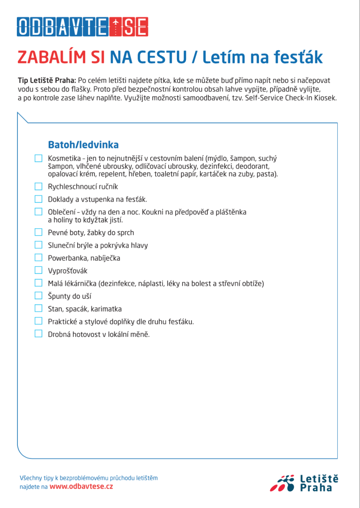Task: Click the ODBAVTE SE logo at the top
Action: (x=83, y=27)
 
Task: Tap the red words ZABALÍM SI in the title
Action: (x=61, y=58)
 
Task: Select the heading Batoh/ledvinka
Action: (x=83, y=145)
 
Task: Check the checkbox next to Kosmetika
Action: (x=39, y=158)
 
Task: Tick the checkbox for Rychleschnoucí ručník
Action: (x=39, y=187)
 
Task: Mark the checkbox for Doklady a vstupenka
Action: (x=39, y=199)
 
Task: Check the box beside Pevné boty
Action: (x=39, y=232)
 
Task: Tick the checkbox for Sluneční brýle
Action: (x=39, y=245)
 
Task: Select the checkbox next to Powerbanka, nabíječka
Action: (x=39, y=257)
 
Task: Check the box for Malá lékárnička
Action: (x=39, y=283)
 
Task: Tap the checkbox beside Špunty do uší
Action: (x=39, y=296)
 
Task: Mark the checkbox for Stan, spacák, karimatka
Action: (x=39, y=309)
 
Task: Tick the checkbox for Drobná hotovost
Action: (x=39, y=334)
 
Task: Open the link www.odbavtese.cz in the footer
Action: (x=81, y=487)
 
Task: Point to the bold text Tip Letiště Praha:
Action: (x=47, y=80)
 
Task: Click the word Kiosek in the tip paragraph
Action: (x=325, y=98)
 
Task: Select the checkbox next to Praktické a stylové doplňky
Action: (x=39, y=321)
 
